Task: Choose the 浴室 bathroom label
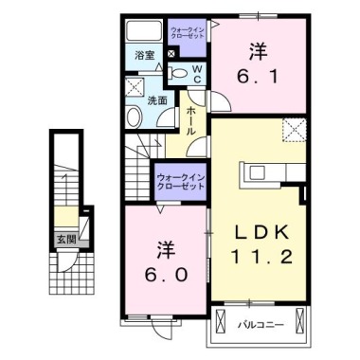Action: tap(145, 55)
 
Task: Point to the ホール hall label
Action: tap(191, 121)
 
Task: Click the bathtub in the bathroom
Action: tap(147, 30)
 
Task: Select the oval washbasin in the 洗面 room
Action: tap(135, 117)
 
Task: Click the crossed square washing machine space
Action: tap(134, 92)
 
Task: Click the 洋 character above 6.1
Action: tap(258, 46)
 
